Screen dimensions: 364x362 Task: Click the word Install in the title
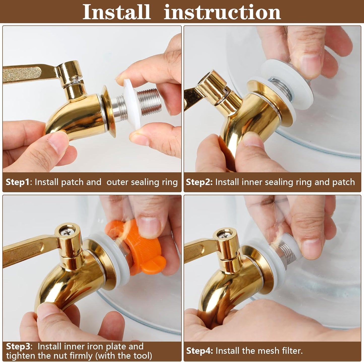(117, 12)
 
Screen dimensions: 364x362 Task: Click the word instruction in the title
(222, 12)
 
